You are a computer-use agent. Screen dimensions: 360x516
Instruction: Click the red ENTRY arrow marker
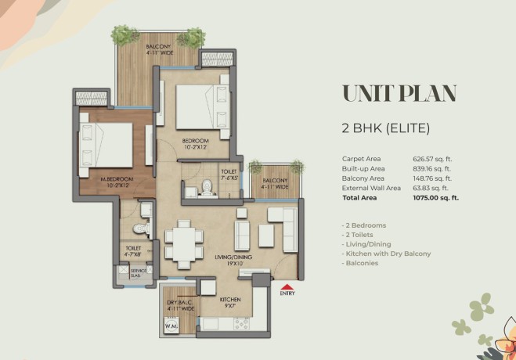coord(287,286)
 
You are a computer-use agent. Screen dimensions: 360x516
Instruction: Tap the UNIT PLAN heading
coord(399,93)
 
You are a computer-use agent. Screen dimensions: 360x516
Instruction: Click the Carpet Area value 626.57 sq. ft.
coord(432,160)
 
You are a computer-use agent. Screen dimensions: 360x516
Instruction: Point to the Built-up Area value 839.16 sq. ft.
coord(432,169)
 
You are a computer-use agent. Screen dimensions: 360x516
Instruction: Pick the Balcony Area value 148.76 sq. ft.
coord(432,178)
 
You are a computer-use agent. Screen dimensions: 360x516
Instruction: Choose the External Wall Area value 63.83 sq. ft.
coord(430,187)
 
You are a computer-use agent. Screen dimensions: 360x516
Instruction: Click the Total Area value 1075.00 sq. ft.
coord(435,196)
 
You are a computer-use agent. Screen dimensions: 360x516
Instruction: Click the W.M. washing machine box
coord(171,324)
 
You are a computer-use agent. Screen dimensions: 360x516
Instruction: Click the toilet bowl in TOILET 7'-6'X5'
coord(207,187)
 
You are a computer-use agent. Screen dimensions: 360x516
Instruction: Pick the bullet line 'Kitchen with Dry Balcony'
coord(385,254)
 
